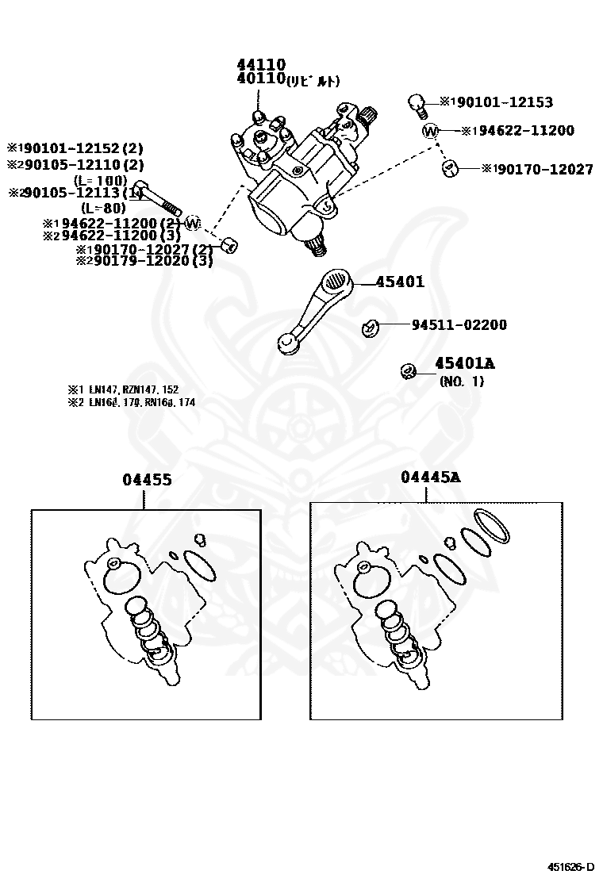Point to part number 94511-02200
pos(459,325)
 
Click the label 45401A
pos(464,364)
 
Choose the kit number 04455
pos(148,480)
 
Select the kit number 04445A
pos(430,477)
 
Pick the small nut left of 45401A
pos(407,370)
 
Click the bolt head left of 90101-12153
pos(415,103)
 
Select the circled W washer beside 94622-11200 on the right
pos(431,130)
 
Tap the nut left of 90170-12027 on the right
pos(449,168)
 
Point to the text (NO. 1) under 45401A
pos(462,381)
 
